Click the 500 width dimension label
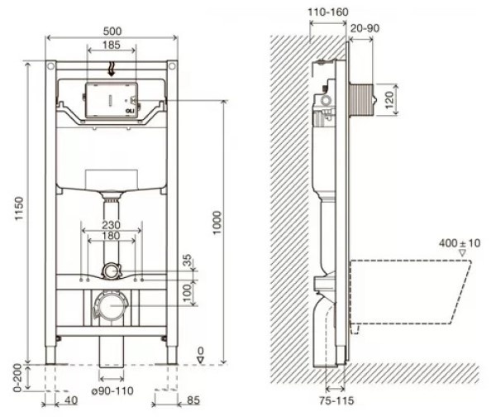[112, 31]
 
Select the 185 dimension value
[112, 45]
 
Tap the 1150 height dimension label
[19, 208]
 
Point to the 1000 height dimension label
[217, 223]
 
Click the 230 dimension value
[111, 225]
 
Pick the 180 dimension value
[111, 236]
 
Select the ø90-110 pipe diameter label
[112, 391]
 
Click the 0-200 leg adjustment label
[17, 378]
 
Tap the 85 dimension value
[193, 400]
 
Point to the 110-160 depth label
[328, 12]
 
